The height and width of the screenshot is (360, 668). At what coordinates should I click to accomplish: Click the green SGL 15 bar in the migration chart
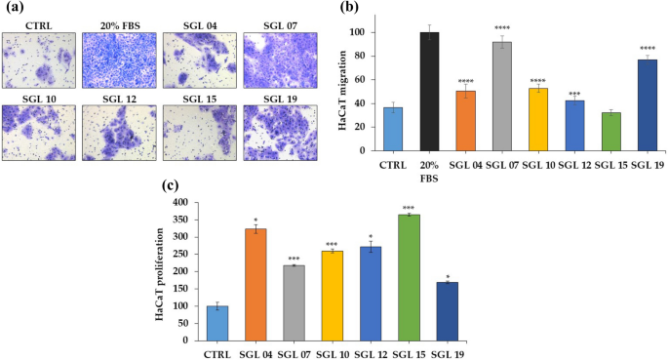point(609,133)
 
